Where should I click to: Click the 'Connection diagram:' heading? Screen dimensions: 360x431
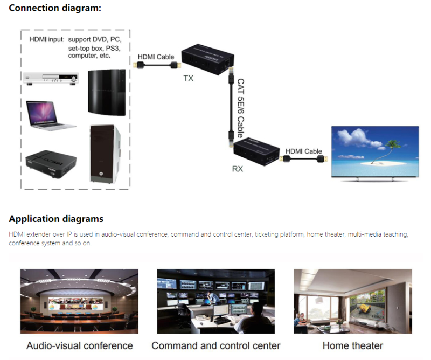pyautogui.click(x=55, y=8)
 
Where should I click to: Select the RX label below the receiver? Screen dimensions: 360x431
pyautogui.click(x=238, y=169)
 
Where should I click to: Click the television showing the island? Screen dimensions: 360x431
pyautogui.click(x=374, y=154)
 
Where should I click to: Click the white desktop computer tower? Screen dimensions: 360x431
pyautogui.click(x=103, y=153)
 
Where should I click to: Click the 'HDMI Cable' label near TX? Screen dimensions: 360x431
pyautogui.click(x=156, y=57)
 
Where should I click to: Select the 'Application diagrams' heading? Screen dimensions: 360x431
pyautogui.click(x=56, y=219)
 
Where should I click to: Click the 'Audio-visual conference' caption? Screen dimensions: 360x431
pyautogui.click(x=80, y=345)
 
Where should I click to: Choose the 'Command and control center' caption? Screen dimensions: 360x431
pyautogui.click(x=216, y=345)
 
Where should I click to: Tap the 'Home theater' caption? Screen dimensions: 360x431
pyautogui.click(x=353, y=345)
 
